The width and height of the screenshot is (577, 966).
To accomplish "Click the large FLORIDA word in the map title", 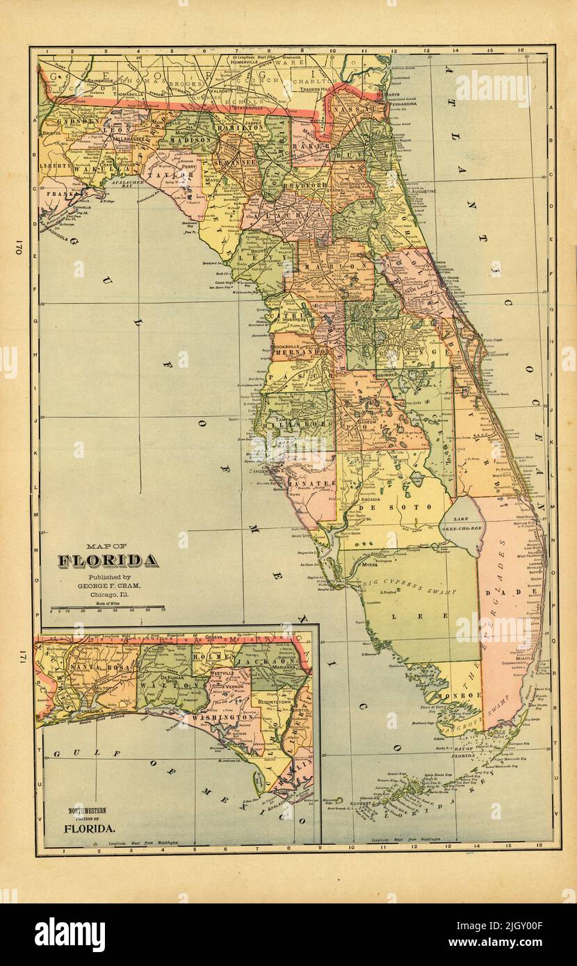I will tap(107, 560).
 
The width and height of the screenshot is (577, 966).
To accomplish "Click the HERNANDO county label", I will tap(300, 353).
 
